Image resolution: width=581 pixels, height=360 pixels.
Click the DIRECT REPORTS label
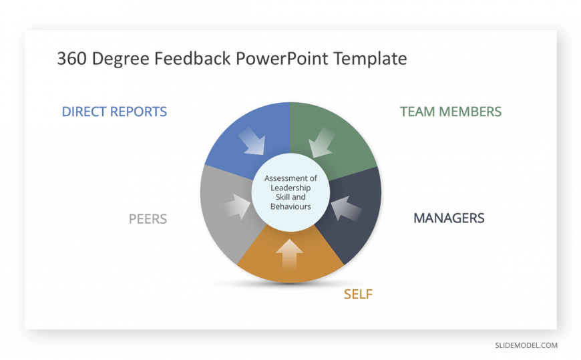tap(114, 112)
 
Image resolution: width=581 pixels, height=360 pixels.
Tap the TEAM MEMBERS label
tap(451, 112)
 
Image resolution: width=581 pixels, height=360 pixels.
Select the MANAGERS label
tap(449, 218)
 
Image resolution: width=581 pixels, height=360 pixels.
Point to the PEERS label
tap(148, 219)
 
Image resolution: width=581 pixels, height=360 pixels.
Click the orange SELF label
tap(358, 295)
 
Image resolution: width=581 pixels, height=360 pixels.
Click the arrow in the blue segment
tap(252, 142)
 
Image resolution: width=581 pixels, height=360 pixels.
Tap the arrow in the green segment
tap(321, 143)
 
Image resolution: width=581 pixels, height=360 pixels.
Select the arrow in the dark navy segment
tap(345, 208)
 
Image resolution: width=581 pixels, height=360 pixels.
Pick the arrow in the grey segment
tap(238, 206)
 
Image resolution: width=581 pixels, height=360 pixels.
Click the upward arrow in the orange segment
tap(289, 254)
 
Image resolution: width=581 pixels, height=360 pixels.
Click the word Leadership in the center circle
tap(290, 188)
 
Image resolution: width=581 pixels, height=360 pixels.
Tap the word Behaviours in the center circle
tap(290, 206)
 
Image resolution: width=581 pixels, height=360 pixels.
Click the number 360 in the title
tap(72, 59)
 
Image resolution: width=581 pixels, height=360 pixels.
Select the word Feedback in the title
tap(192, 59)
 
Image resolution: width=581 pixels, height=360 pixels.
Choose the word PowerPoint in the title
tap(282, 59)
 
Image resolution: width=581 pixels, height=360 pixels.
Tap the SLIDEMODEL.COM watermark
tap(526, 345)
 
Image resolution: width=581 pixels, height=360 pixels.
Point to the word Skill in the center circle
tap(283, 197)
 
